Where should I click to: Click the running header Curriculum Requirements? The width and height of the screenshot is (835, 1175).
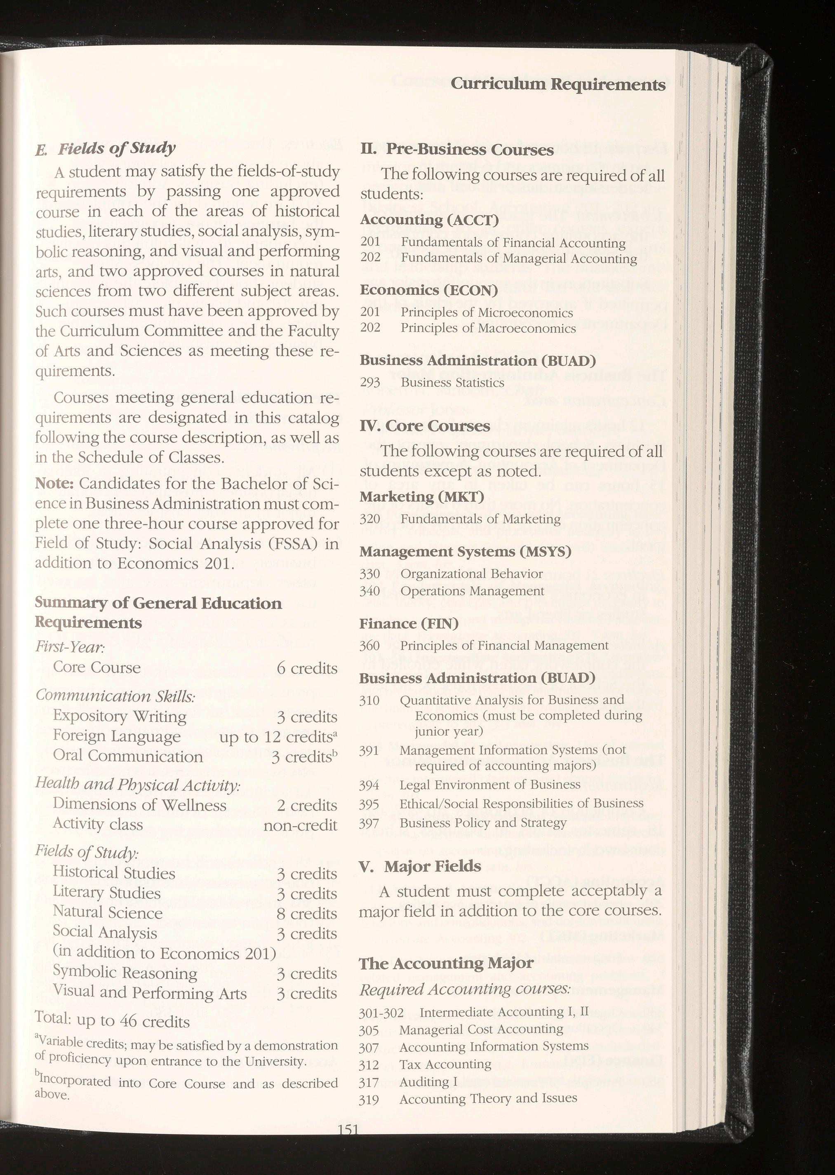[x=558, y=84]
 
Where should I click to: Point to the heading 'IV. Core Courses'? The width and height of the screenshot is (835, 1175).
[x=425, y=426]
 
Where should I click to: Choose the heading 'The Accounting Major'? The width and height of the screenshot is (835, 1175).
[x=446, y=963]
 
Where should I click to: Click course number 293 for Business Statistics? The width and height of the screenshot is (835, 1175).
[x=370, y=383]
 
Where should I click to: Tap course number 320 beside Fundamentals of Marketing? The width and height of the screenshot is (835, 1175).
[x=370, y=519]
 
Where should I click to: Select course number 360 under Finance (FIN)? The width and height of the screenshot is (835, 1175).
[x=370, y=646]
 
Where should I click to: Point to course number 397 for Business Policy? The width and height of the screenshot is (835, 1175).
[x=369, y=823]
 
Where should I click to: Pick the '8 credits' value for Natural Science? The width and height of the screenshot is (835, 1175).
[x=306, y=913]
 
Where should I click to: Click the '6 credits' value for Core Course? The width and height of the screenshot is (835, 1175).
[x=306, y=668]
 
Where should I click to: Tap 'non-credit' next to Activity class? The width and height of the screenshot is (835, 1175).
[x=300, y=825]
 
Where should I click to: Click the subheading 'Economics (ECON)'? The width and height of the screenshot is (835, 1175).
[x=429, y=290]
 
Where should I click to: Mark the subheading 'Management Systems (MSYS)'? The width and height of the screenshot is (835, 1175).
[x=465, y=552]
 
